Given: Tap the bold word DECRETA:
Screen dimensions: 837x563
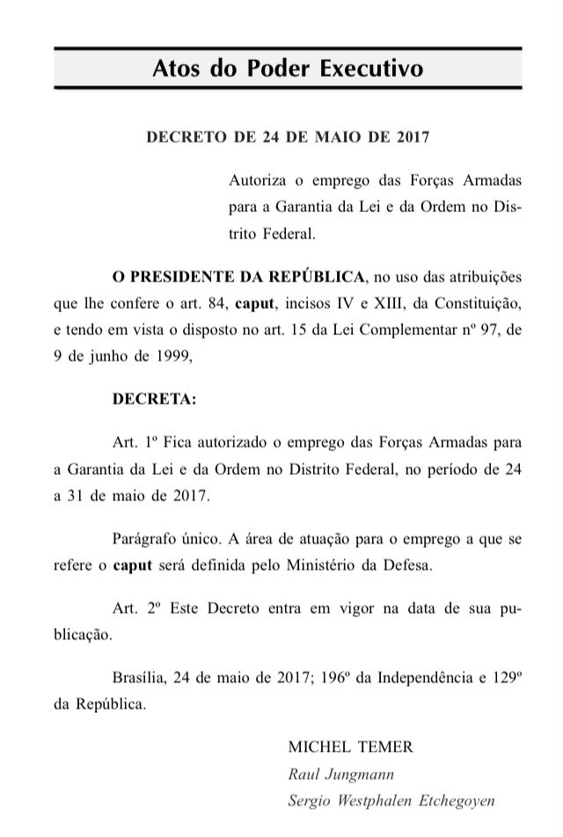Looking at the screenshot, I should [x=155, y=398].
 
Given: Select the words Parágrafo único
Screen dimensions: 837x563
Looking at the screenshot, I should [x=163, y=536].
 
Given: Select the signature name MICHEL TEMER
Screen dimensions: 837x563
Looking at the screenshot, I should [x=350, y=746].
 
